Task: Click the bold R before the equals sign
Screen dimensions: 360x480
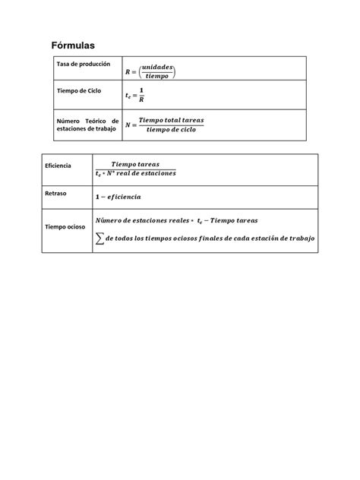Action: coord(128,71)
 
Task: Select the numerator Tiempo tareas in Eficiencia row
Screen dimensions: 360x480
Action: coord(134,163)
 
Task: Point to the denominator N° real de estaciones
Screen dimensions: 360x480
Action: coord(145,173)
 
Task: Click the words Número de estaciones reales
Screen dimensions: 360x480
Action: coord(144,221)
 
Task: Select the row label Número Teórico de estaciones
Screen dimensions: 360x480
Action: coord(87,125)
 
